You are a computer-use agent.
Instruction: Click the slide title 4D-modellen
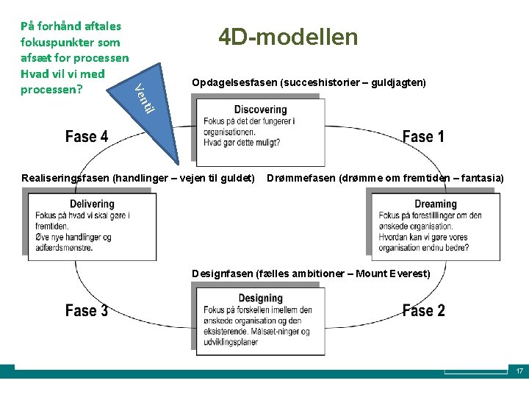tap(288, 37)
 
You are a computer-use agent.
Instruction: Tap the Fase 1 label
tap(423, 137)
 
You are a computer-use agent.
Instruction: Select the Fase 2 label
tap(423, 310)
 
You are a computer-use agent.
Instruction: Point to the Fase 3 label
tap(87, 310)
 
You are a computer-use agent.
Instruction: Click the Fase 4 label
tap(87, 137)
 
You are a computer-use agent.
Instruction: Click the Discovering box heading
tap(260, 110)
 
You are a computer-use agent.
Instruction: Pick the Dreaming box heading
tap(435, 204)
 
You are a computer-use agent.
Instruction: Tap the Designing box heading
tap(260, 298)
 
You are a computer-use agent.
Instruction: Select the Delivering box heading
tap(92, 204)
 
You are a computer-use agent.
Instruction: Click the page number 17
tap(519, 371)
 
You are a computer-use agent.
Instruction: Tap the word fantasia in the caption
tap(481, 178)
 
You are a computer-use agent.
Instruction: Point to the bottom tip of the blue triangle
tap(177, 162)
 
